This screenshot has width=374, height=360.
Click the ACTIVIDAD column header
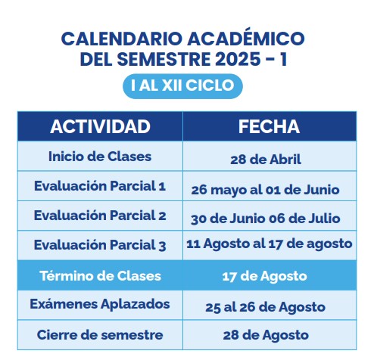point(100,126)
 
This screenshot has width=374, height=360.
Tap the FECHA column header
point(269,126)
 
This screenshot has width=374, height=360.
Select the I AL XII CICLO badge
point(182,86)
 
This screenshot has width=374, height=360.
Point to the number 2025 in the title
point(238,59)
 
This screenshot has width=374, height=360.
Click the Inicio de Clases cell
point(100,157)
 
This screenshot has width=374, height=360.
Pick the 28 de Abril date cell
point(266,160)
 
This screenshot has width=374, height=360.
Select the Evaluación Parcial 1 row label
point(100,186)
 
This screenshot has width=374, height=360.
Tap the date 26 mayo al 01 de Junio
point(265,190)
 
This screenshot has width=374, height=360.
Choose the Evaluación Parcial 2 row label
point(100,216)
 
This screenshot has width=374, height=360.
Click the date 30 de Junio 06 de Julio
point(266,219)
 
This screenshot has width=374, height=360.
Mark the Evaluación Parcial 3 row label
point(100,245)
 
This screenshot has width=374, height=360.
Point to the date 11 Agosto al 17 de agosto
point(270,244)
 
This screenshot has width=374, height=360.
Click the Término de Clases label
point(100,276)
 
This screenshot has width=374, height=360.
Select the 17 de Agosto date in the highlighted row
point(265,276)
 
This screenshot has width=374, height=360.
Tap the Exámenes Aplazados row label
point(100,304)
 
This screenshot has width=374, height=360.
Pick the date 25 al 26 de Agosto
point(265,307)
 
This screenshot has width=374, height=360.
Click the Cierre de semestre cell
point(100,335)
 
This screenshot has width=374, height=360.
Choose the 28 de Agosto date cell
point(266,336)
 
